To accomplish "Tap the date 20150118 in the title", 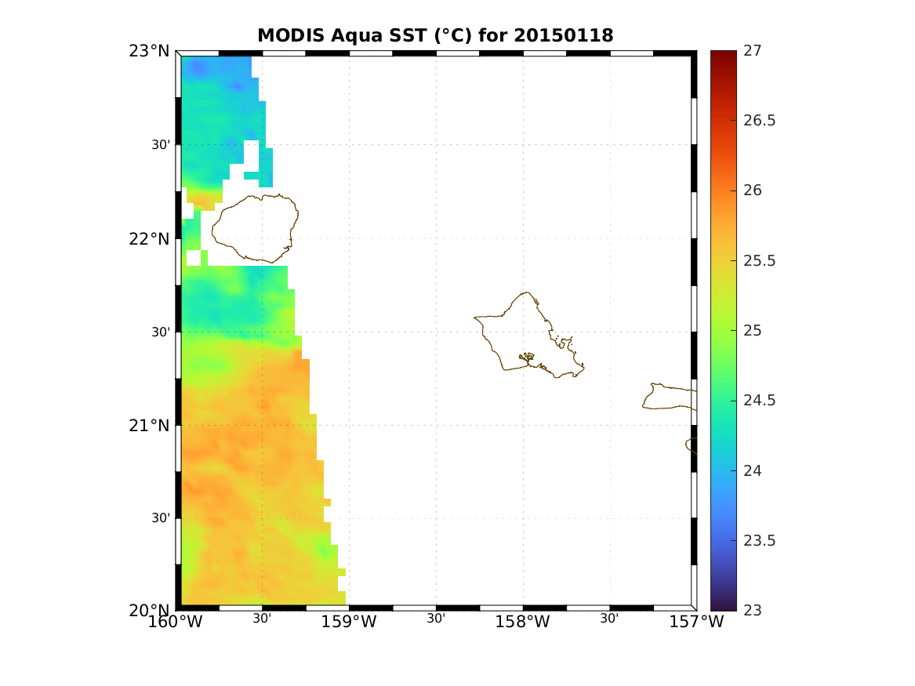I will [x=564, y=36].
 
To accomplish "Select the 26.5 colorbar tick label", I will [x=760, y=121].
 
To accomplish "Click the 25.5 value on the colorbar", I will [x=760, y=260].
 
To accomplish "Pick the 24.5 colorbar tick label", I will [x=760, y=401].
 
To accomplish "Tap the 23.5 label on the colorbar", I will [x=760, y=540].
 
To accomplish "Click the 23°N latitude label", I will [x=149, y=52].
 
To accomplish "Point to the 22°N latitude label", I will [x=149, y=238].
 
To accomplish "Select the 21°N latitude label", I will [x=149, y=425].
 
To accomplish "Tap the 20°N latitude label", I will [x=149, y=611].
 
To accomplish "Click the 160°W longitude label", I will [x=180, y=622].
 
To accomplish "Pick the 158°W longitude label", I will [x=525, y=622].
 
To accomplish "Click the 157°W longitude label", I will [x=697, y=622].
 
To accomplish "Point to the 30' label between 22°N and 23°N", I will [x=162, y=145].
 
